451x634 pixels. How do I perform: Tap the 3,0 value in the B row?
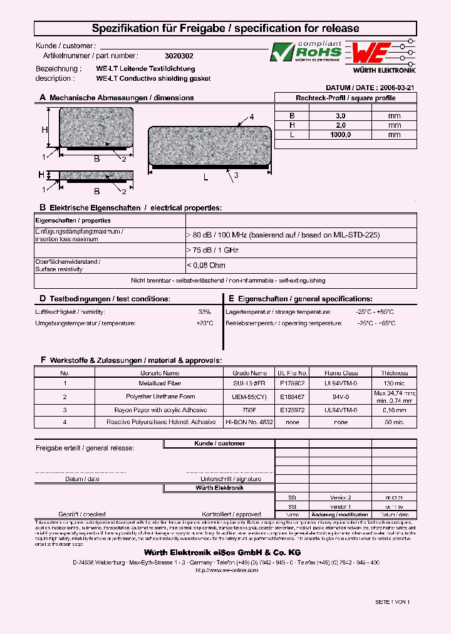[341, 116]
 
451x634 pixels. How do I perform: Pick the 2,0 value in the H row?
[341, 125]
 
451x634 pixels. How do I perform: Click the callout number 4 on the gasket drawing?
[252, 117]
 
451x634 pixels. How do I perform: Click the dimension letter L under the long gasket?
[205, 178]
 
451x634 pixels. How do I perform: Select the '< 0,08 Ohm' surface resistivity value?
[206, 265]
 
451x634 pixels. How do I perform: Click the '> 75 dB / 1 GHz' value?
[212, 249]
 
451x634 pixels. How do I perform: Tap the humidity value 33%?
[204, 311]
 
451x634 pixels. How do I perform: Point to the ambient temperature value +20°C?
[204, 323]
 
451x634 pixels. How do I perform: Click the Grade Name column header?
[249, 373]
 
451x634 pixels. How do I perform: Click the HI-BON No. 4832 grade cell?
[249, 422]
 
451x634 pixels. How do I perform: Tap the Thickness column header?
[393, 373]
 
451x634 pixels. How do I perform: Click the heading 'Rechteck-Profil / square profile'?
[345, 98]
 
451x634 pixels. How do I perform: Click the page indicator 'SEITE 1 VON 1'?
[392, 601]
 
